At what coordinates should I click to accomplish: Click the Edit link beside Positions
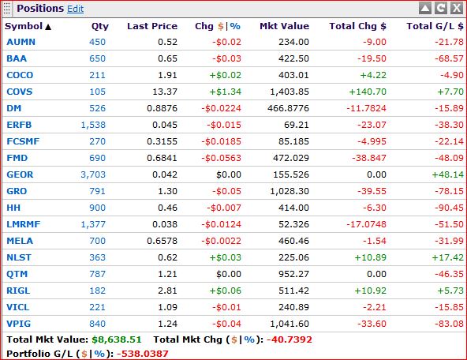click(x=76, y=9)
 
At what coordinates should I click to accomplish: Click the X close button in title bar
click(x=457, y=8)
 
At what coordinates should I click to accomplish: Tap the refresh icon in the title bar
click(x=441, y=8)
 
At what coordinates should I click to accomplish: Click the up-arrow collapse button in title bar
click(x=425, y=8)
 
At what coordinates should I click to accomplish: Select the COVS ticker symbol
click(x=20, y=92)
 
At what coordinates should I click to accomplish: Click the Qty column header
click(x=100, y=26)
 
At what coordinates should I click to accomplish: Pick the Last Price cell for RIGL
click(x=167, y=291)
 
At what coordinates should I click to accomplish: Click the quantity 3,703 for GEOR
click(x=93, y=174)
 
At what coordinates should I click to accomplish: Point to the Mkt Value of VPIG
click(x=290, y=324)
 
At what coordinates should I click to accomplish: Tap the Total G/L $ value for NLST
click(x=447, y=257)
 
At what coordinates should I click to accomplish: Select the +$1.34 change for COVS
click(x=225, y=92)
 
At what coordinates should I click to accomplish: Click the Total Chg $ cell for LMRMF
click(x=366, y=224)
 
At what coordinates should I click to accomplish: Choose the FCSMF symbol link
click(x=23, y=141)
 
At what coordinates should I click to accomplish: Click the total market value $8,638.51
click(x=117, y=339)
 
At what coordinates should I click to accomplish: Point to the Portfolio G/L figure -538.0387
click(x=142, y=354)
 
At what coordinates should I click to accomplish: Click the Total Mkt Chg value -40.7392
click(x=290, y=339)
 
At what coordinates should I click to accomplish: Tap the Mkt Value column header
click(x=285, y=26)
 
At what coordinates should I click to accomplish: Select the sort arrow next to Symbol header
click(x=48, y=27)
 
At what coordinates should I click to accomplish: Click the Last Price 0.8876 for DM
click(x=162, y=108)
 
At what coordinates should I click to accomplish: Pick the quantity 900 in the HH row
click(x=97, y=208)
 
